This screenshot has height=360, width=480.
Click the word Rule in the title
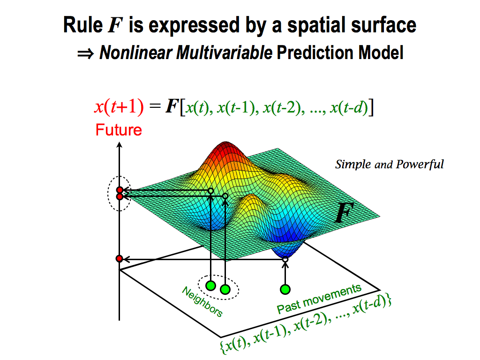pos(82,25)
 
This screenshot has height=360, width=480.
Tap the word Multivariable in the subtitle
pos(224,52)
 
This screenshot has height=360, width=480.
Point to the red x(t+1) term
pos(119,107)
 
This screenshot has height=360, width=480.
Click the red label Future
pos(119,130)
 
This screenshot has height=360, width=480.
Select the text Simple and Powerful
pos(390,165)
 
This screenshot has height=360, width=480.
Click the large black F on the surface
pos(344,212)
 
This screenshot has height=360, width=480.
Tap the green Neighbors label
pos(202,301)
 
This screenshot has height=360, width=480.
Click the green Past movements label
pos(319,298)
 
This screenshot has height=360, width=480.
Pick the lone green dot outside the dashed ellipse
pos(285,289)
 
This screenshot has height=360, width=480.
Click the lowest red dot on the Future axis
pos(120,259)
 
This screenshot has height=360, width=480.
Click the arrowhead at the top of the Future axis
pos(120,145)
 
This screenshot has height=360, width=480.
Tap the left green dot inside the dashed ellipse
pos(210,286)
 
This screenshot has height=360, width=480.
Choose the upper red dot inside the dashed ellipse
pos(120,190)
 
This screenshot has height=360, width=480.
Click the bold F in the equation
pos(172,106)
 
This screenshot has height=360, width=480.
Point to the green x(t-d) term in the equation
pos(349,107)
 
